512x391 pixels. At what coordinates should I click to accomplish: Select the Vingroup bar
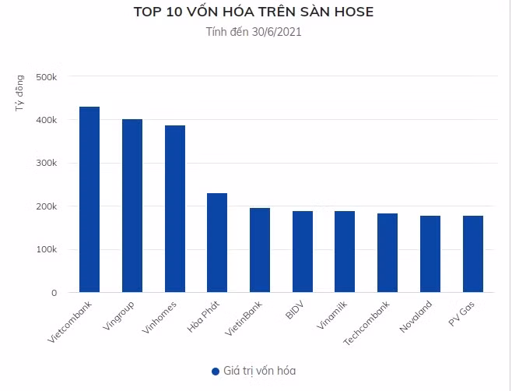132,206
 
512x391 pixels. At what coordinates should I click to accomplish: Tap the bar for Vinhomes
174,210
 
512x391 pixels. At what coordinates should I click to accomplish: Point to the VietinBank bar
260,250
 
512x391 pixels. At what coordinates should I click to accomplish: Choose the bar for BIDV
303,252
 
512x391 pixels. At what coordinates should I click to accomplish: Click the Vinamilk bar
345,252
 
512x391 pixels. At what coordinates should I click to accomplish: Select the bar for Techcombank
388,253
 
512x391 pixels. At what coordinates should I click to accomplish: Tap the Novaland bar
430,254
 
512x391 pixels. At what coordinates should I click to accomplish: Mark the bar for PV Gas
473,254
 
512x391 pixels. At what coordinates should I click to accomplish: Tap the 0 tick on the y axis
54,293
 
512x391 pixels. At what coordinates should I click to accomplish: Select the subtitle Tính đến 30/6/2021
254,33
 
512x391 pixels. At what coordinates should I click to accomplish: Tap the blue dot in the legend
216,372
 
